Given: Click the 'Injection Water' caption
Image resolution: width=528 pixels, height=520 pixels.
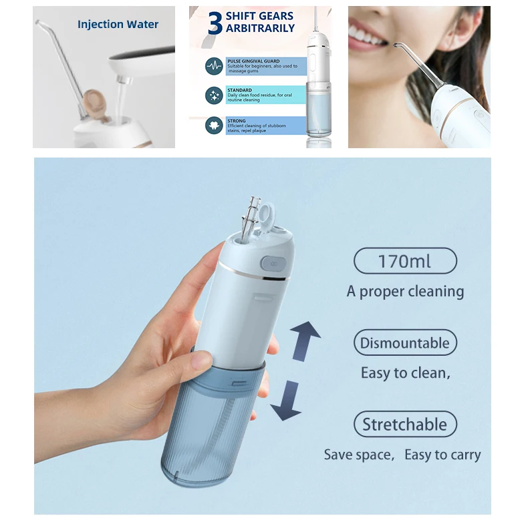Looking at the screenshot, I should click(118, 25).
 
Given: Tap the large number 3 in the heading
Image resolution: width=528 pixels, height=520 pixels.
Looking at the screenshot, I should click(215, 23).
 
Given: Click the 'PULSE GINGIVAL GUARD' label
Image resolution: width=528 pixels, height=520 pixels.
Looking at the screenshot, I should click(254, 61).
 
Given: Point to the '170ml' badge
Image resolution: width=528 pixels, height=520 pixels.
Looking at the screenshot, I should click(405, 260).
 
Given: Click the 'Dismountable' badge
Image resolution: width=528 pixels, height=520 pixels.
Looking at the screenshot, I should click(405, 343).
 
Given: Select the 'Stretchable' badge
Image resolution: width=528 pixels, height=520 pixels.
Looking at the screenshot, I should click(405, 425).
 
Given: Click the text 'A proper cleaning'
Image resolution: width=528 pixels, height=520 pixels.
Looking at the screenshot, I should click(405, 292).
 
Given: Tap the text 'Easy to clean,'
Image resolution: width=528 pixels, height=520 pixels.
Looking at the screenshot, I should click(406, 373).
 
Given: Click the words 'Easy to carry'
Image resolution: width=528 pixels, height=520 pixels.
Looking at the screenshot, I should click(442, 455).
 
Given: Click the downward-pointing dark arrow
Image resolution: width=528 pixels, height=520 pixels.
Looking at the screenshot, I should click(285, 401).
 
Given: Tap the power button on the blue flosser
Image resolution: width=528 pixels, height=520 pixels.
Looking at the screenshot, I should click(271, 263).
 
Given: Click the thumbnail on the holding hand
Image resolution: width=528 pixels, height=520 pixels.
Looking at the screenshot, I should click(201, 360).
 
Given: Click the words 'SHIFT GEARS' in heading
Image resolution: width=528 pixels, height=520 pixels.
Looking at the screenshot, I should click(259, 16).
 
